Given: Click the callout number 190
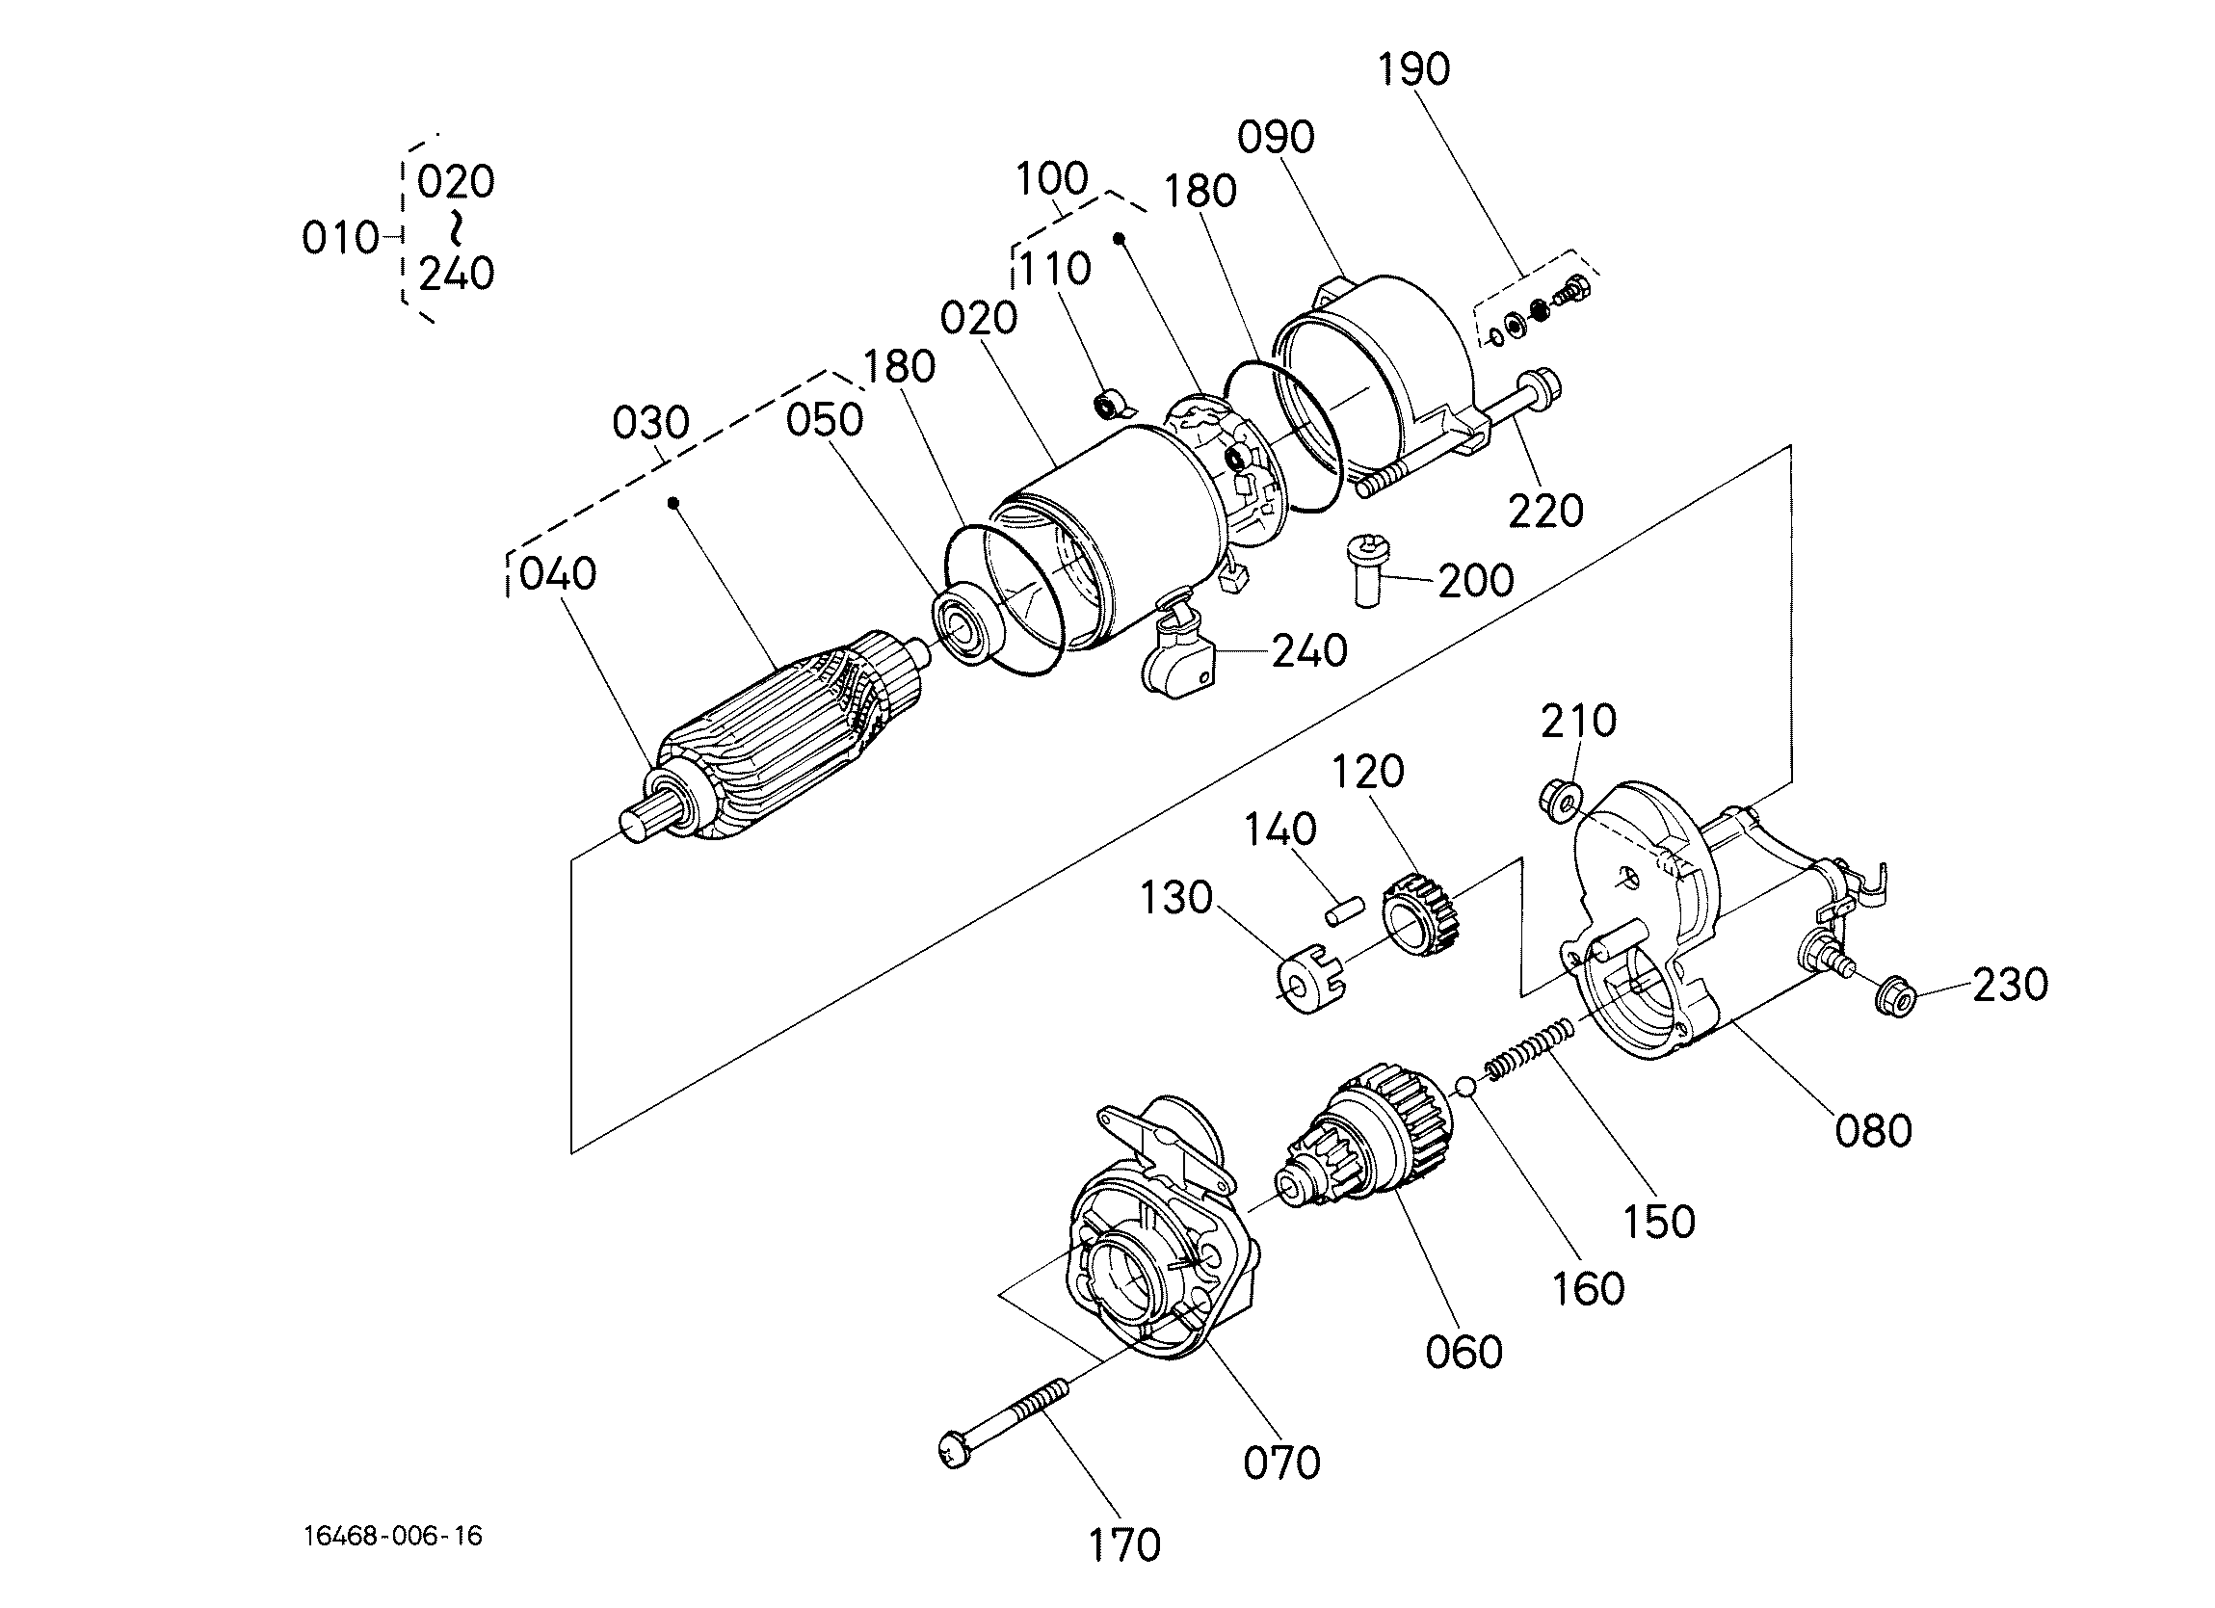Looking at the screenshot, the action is click(x=1413, y=69).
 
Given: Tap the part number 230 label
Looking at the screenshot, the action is click(x=2010, y=985).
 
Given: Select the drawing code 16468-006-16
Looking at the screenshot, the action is click(x=394, y=1536).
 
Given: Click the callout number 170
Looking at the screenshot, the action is click(x=1124, y=1545).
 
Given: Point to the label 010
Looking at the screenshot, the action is click(x=340, y=238).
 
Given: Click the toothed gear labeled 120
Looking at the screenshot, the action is click(x=1422, y=912).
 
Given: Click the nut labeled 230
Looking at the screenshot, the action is click(x=1895, y=995).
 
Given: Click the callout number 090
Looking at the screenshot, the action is click(x=1276, y=137).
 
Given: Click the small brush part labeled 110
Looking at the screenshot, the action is click(x=1111, y=403).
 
